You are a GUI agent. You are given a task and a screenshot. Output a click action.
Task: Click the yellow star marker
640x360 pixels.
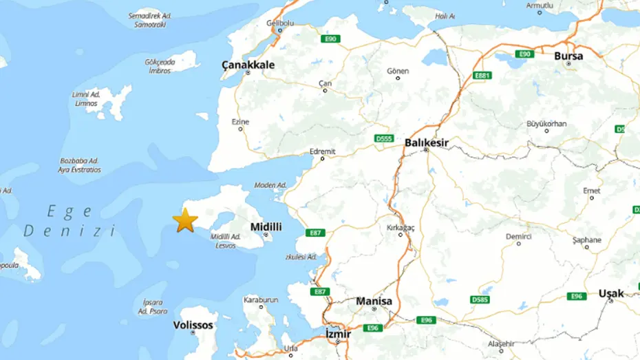coord(185,220)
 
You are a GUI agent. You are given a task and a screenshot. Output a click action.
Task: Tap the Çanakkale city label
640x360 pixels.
coord(248,65)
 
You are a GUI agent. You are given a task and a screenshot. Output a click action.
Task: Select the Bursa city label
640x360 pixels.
coord(568,56)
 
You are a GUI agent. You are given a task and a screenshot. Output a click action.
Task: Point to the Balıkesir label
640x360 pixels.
coord(427,142)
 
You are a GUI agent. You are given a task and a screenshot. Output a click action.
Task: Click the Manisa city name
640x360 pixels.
coord(374,301)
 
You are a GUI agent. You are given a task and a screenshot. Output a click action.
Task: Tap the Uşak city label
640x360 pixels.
coord(610,293)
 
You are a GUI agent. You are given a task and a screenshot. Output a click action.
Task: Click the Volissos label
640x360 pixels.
coord(193,325)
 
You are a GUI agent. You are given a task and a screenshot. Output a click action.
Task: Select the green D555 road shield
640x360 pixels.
coord(383,138)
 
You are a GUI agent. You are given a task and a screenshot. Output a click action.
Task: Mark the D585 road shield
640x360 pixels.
coord(480,299)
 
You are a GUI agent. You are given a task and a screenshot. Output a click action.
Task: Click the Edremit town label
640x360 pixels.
coord(323,151)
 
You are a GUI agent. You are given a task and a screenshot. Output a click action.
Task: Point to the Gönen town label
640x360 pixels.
coord(398,71)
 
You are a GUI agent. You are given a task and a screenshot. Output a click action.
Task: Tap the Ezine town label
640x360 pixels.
coord(240,122)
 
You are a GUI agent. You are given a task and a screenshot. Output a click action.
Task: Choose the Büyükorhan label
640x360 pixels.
coord(546,123)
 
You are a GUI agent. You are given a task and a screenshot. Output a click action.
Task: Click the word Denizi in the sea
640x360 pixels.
coord(70,231)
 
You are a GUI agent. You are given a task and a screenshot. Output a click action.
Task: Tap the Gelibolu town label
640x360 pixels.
coord(280,23)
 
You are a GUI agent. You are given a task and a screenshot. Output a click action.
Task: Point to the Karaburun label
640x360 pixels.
coord(262,299)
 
